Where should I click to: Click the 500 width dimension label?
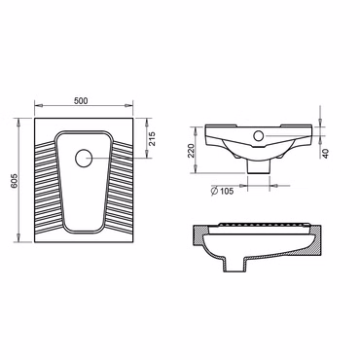(81, 101)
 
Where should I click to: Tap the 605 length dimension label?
(15, 181)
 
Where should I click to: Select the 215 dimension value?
(152, 139)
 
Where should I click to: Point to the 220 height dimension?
(191, 151)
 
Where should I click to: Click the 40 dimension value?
(326, 154)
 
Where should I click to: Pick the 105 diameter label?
(227, 191)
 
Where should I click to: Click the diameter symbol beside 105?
(214, 191)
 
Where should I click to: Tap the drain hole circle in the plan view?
(84, 159)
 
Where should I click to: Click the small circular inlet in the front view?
(259, 135)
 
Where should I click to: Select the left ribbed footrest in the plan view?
(47, 187)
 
